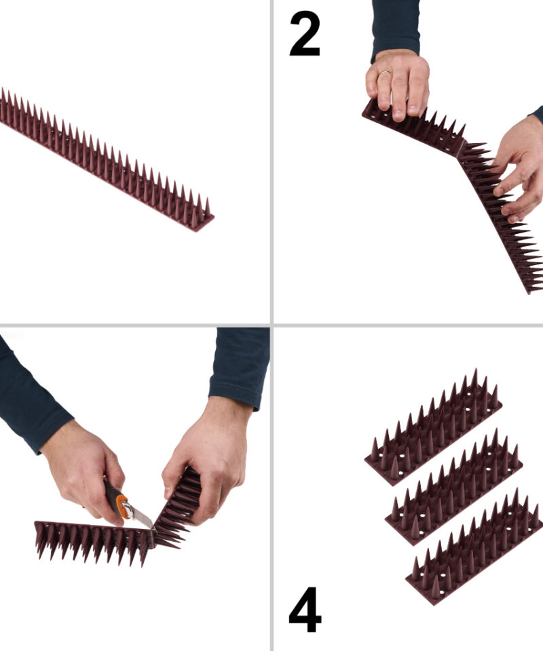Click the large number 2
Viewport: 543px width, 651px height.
click(305, 34)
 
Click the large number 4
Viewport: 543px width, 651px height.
click(305, 610)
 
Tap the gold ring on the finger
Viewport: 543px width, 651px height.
click(385, 73)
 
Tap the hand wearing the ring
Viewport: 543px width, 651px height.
click(397, 83)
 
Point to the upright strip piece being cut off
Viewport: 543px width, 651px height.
click(176, 509)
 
